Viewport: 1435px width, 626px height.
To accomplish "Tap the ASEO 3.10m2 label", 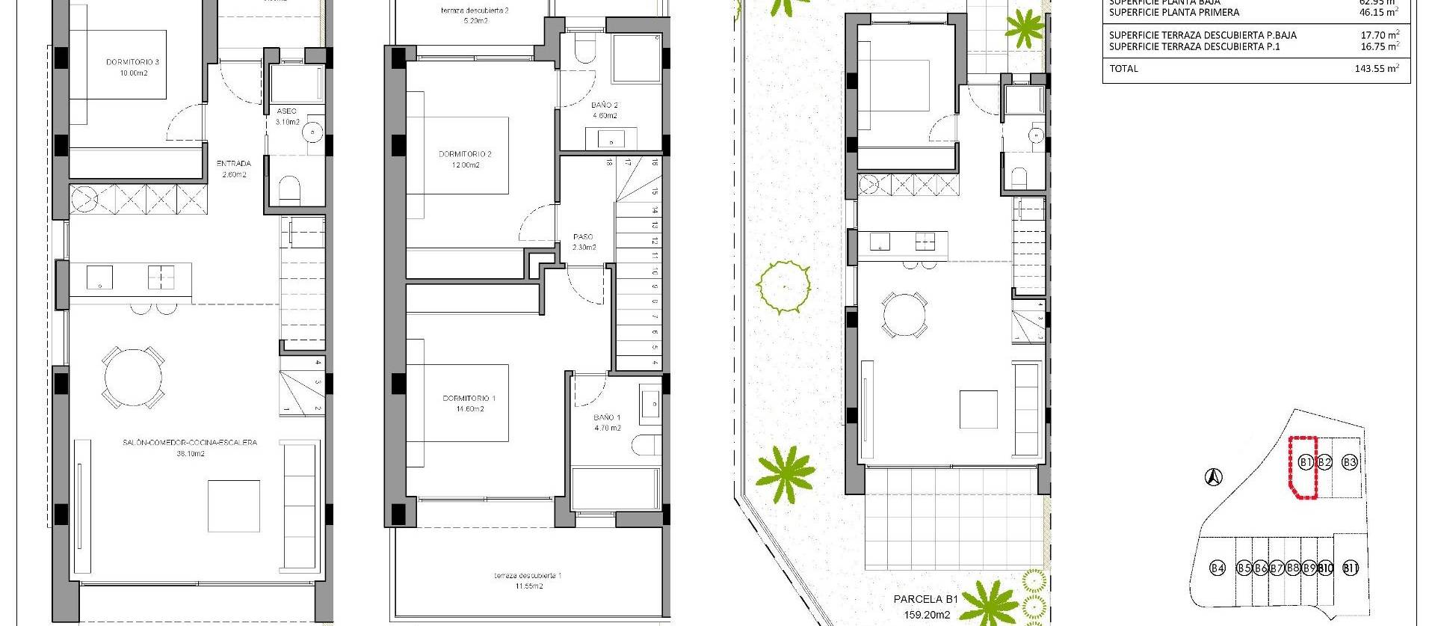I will coord(287,116).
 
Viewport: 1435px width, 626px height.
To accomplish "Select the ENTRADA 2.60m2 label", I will coord(233,168).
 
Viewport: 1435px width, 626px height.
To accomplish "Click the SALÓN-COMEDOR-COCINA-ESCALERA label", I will coord(190,447).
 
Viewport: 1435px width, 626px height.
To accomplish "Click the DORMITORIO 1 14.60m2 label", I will coord(469,403).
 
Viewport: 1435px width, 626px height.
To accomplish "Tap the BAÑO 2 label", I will coord(604,110).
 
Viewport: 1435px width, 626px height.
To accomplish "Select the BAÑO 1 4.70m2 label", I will coord(606,423).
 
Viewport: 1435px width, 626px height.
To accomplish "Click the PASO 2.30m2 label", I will coord(584,242).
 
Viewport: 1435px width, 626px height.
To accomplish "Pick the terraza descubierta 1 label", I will coord(528,580).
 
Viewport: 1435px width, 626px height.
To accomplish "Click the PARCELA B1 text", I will coord(925,599).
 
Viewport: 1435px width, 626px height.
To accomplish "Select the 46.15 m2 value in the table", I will coord(1380,13).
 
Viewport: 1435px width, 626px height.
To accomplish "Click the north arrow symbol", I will coord(1215,476).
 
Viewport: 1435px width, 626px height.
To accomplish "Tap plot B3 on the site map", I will coord(1349,463).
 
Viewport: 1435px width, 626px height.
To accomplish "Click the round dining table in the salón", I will coord(135,378).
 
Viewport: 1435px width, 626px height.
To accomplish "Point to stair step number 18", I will coord(610,162).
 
